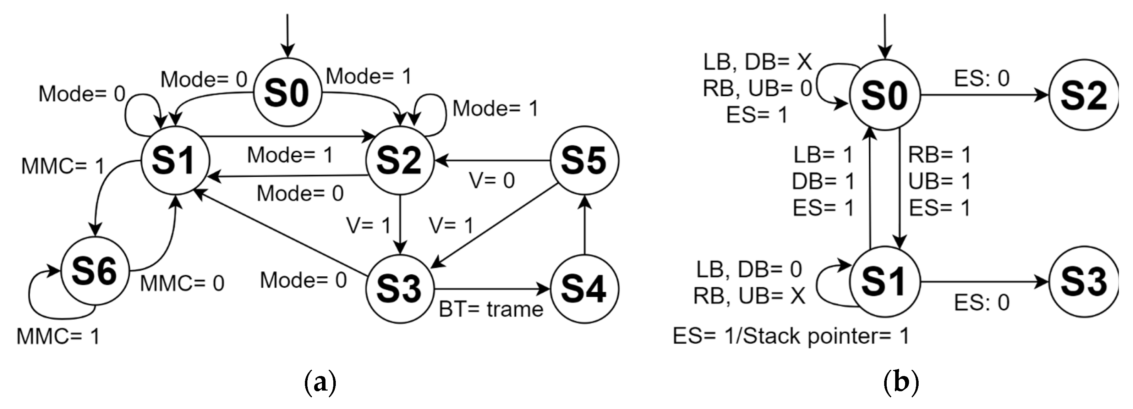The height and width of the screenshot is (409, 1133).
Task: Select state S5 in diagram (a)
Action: point(585,160)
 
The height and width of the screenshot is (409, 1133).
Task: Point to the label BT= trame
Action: point(491,310)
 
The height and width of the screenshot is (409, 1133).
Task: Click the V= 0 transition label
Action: point(492,180)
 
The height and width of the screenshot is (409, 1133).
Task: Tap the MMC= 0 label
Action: point(182,284)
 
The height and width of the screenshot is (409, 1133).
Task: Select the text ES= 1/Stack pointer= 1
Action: point(790,336)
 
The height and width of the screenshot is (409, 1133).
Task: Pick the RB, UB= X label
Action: point(749,296)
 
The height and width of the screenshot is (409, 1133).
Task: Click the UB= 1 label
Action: point(940,181)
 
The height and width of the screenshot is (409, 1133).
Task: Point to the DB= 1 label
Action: point(823,181)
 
